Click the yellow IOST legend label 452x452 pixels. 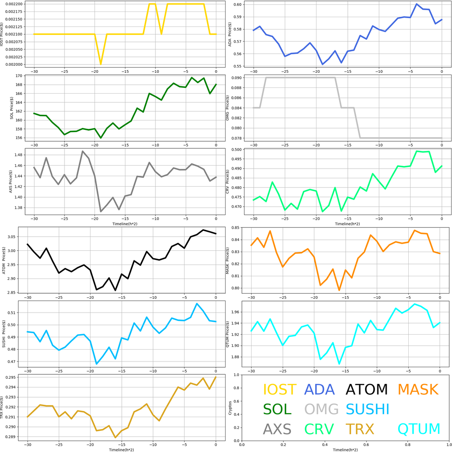(279, 390)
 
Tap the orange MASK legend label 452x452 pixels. (418, 390)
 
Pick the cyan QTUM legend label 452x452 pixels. (419, 429)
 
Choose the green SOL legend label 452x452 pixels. (277, 409)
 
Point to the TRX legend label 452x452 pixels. (360, 429)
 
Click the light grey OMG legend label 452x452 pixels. (321, 409)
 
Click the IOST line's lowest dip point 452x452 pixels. (101, 64)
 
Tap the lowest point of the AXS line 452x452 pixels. (101, 211)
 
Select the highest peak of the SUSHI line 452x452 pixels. (197, 304)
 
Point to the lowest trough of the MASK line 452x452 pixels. (339, 290)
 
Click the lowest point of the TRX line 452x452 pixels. (116, 437)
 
